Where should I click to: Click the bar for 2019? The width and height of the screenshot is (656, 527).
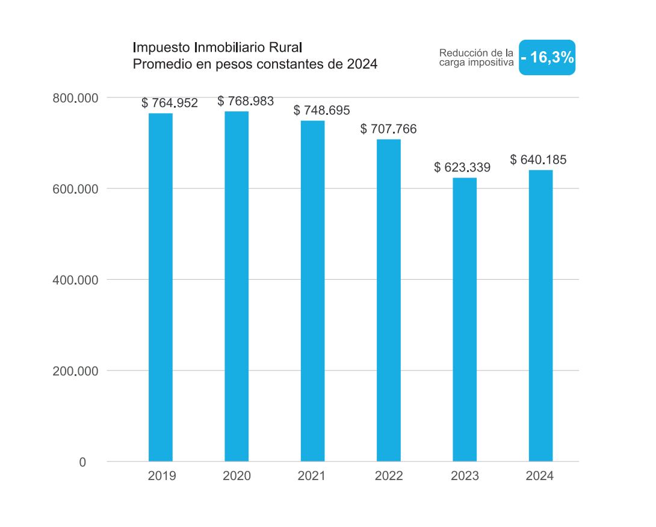click(x=160, y=287)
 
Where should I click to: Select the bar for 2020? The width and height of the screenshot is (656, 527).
click(x=237, y=286)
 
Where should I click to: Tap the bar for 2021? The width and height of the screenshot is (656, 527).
click(x=312, y=291)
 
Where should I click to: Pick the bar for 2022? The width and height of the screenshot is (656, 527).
click(x=389, y=300)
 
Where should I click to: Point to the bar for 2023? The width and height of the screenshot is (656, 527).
click(x=465, y=319)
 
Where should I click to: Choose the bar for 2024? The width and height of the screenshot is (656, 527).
click(x=540, y=315)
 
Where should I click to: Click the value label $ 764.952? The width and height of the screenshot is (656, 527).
click(x=170, y=103)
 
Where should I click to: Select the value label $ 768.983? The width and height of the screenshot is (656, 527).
click(x=246, y=101)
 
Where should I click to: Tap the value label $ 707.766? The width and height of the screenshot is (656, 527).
click(x=388, y=129)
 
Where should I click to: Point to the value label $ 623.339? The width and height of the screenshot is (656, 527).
click(x=462, y=168)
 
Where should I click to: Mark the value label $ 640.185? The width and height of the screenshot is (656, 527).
click(x=538, y=160)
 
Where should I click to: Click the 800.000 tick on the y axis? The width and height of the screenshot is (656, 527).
click(x=75, y=98)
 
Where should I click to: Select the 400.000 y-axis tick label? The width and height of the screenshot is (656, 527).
click(x=75, y=280)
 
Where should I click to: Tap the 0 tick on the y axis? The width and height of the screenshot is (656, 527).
click(x=82, y=463)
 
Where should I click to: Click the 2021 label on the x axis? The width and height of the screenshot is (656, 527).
click(x=311, y=476)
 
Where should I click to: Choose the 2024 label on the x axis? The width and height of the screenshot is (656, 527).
click(x=539, y=476)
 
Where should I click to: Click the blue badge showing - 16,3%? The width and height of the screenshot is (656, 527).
click(x=547, y=58)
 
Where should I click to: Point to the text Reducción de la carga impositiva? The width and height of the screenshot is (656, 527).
click(x=476, y=57)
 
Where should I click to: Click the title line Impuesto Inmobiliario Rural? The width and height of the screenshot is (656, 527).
click(x=217, y=48)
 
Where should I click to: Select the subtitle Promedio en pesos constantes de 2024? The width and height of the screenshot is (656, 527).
click(x=255, y=64)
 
